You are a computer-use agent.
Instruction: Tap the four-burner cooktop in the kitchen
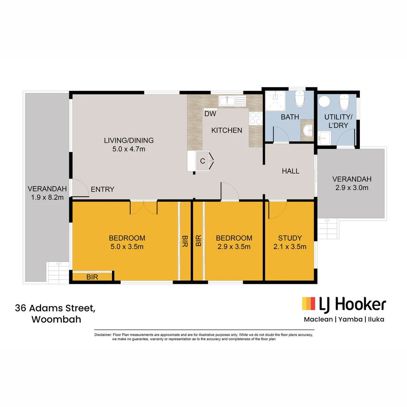[x=256, y=118]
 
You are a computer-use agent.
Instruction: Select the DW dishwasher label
[x=210, y=113]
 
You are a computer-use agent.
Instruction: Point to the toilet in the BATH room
[x=300, y=99]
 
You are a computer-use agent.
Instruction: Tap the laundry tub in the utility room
[x=324, y=138]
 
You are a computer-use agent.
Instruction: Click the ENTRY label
[x=103, y=190]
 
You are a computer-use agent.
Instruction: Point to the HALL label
[x=291, y=171]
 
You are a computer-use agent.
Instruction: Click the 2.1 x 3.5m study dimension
[x=290, y=247]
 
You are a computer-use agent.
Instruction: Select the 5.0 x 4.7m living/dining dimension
[x=129, y=149]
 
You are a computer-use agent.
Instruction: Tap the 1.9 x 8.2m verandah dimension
[x=47, y=197]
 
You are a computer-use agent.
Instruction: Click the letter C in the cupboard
[x=202, y=161]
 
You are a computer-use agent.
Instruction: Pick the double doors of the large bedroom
[x=144, y=208]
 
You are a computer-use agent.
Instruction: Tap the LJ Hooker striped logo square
[x=309, y=304]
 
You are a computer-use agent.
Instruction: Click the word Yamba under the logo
[x=350, y=320]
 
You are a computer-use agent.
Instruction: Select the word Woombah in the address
[x=56, y=320]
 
